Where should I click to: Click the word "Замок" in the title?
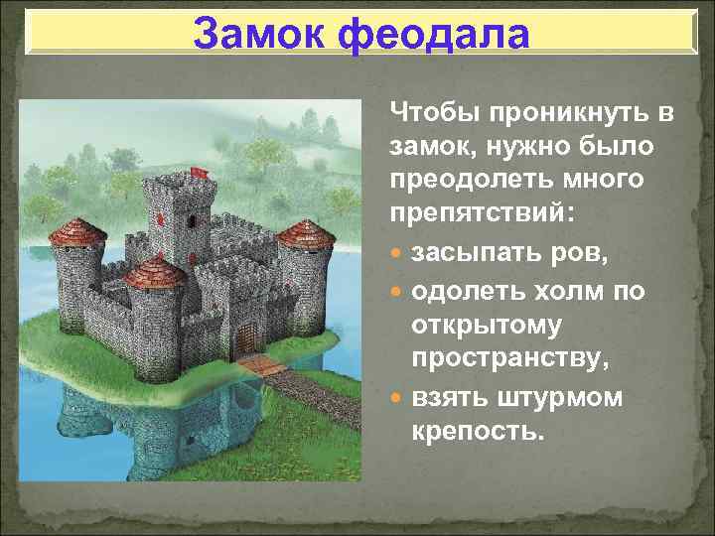[x=259, y=35]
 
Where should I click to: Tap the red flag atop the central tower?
[x=199, y=172]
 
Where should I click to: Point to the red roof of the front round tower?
[x=155, y=271]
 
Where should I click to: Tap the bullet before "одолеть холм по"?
[x=397, y=292]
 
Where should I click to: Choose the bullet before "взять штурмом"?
[x=397, y=398]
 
